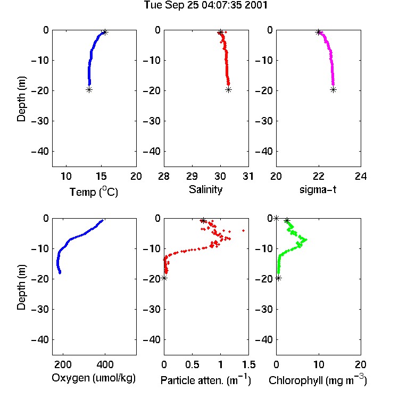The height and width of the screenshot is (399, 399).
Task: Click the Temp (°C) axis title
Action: pos(94,192)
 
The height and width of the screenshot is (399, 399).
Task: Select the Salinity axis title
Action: pos(205,190)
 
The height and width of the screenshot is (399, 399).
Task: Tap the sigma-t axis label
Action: pos(318,189)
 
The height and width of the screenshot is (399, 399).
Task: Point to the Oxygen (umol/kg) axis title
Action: pos(94,378)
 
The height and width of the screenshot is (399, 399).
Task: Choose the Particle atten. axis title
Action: pos(206,380)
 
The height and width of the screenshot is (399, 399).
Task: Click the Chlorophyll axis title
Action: pos(318,380)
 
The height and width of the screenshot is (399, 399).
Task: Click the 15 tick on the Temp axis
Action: pos(101,176)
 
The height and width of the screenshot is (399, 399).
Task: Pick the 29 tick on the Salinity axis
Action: pos(192,176)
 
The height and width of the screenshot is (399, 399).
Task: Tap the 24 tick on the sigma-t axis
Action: pos(361,176)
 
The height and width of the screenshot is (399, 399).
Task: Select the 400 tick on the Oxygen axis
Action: pos(105,364)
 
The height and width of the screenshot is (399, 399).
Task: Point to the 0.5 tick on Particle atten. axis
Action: pos(192,364)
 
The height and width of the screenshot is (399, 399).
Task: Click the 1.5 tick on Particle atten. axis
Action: pos(249,364)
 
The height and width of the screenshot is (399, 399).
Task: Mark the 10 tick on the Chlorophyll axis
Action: pos(319,364)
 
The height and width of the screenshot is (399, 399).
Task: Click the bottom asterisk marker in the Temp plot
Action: pos(89,89)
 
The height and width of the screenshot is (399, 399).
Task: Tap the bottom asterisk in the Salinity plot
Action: pos(229,89)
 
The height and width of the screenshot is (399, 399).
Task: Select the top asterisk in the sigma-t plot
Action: pos(318,32)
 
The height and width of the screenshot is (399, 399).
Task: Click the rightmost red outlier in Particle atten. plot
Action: pos(244,230)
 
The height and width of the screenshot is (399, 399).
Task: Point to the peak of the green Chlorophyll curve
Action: pos(305,239)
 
